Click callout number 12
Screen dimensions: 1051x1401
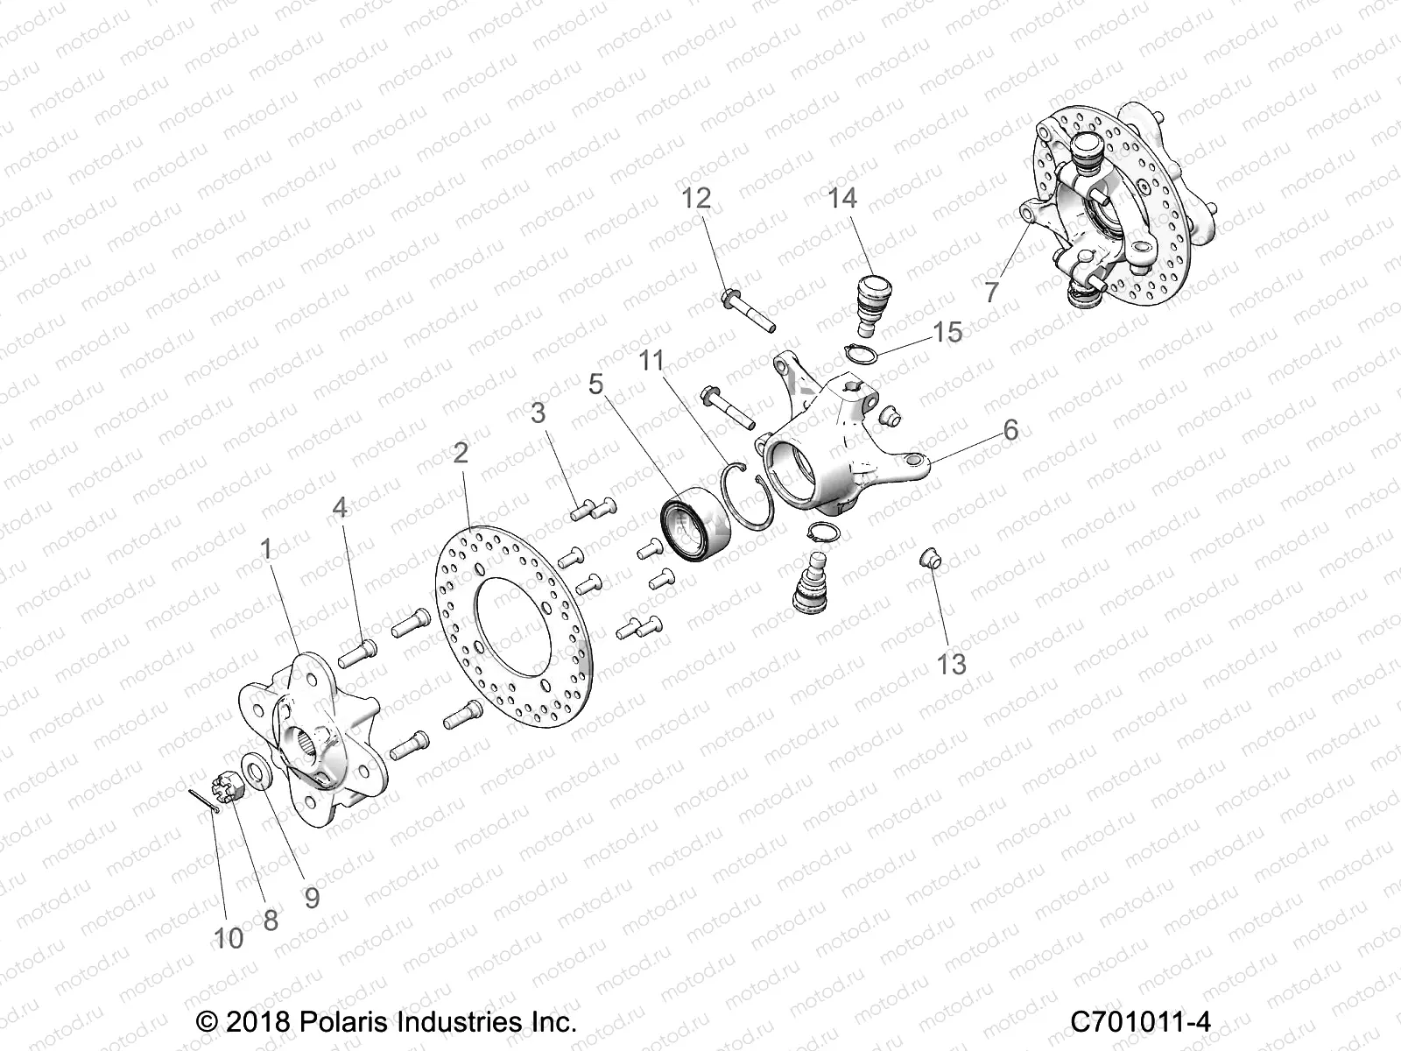coord(697,199)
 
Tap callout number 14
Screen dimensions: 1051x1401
coord(842,199)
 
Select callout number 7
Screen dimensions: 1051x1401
coord(991,292)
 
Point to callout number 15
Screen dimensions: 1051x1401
coord(947,333)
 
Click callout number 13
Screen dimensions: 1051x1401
coord(952,664)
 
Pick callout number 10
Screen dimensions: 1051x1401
coord(229,938)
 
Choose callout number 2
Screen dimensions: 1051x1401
coord(461,453)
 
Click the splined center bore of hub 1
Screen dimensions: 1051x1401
coord(303,740)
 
